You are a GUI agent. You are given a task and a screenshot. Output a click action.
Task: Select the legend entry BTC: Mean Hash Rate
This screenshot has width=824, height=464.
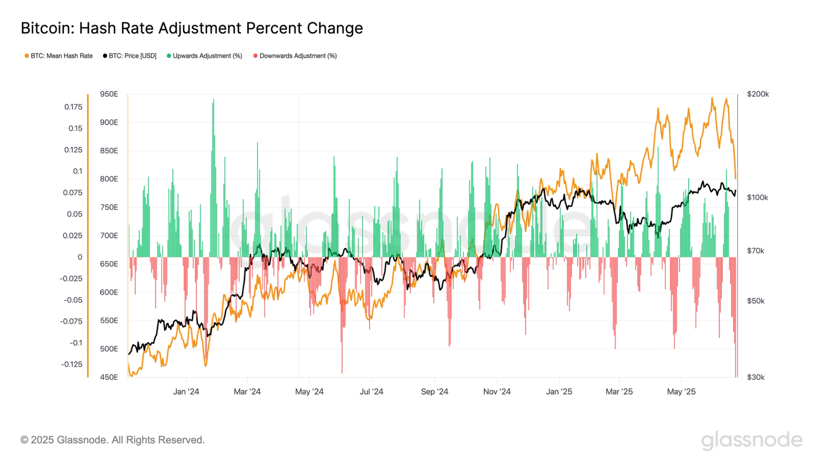pos(61,56)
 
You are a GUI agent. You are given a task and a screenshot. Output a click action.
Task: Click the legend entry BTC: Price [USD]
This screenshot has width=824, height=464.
pos(132,56)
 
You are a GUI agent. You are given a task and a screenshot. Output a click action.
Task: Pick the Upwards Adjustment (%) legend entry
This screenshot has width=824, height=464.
pos(207,56)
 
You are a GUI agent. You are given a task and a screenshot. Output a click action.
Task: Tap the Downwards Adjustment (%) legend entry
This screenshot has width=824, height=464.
pos(298,56)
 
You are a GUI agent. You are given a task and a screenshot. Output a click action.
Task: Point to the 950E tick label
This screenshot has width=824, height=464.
pos(109,94)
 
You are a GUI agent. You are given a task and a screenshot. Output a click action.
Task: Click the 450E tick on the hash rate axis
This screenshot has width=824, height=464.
pos(109,377)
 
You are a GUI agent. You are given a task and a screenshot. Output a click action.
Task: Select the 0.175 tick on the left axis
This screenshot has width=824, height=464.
pos(73,107)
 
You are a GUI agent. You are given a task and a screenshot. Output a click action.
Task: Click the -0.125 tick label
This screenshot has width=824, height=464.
pos(72,364)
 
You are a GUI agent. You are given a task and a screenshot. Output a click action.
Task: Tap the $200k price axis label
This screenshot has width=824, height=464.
pos(758,94)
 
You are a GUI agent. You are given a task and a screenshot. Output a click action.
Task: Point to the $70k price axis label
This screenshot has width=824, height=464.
pos(755,251)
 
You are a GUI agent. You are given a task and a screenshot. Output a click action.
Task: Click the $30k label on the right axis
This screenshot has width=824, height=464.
pos(755,377)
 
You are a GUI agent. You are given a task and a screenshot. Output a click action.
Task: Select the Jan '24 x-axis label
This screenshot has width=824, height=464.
pos(186,392)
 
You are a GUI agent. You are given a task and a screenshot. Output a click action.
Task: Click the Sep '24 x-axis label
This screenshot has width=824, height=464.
pos(434,392)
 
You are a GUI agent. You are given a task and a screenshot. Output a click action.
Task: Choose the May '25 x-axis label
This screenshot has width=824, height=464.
pos(681,392)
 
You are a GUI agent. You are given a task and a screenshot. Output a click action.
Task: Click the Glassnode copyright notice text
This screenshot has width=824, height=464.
pos(112,440)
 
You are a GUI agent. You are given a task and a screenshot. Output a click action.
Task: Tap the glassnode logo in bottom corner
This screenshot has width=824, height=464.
pos(751,440)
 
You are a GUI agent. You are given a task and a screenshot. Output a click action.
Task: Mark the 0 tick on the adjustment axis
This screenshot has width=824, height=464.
pos(80,257)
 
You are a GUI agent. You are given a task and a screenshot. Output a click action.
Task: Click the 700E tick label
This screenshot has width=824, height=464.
pos(109,236)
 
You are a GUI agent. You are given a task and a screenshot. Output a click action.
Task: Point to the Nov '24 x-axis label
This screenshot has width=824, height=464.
pos(497,392)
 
